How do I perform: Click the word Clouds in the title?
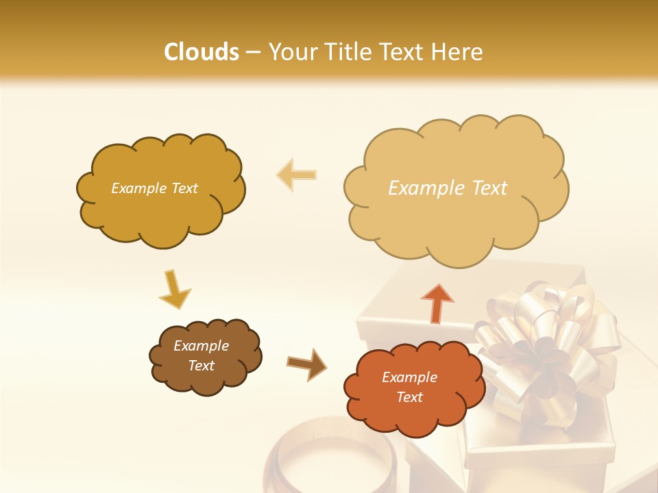click(x=202, y=52)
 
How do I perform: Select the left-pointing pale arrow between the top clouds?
click(x=296, y=175)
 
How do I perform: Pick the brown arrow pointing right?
click(x=307, y=364)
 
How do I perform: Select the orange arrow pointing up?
click(x=437, y=303)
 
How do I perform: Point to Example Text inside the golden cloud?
click(x=154, y=188)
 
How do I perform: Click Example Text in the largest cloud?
click(x=448, y=188)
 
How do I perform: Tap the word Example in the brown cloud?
click(x=201, y=346)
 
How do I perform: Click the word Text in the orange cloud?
click(x=409, y=397)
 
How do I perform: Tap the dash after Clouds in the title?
click(x=253, y=52)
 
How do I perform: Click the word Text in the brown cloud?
click(x=201, y=366)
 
